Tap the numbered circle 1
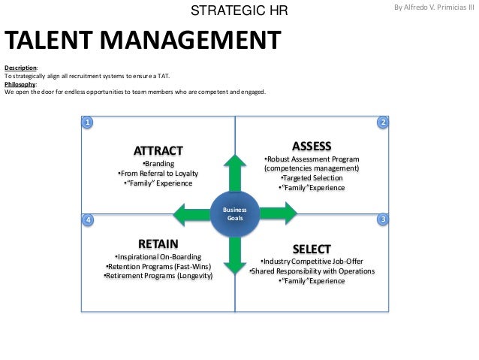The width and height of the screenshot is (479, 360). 88,122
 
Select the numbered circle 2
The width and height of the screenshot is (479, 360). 383,122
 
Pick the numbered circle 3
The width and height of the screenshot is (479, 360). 383,219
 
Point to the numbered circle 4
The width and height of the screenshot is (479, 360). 88,219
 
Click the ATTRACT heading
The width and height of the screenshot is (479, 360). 158,150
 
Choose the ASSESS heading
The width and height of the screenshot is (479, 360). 312,146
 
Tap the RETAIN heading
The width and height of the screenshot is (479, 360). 158,244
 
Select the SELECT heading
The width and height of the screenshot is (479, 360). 312,249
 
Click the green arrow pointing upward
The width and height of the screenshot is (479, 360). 235,173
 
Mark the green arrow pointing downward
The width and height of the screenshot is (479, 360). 235,254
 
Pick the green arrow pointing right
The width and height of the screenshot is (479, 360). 276,213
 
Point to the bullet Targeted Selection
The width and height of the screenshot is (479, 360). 312,178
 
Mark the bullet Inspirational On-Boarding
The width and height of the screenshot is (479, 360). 158,257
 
